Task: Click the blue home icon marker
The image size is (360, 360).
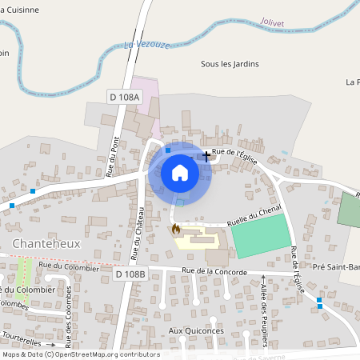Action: (180, 173)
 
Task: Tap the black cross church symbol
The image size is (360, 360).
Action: (206, 156)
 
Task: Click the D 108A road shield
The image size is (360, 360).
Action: (124, 98)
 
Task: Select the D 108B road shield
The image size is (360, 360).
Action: (130, 274)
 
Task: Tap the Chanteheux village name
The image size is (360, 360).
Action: (46, 243)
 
